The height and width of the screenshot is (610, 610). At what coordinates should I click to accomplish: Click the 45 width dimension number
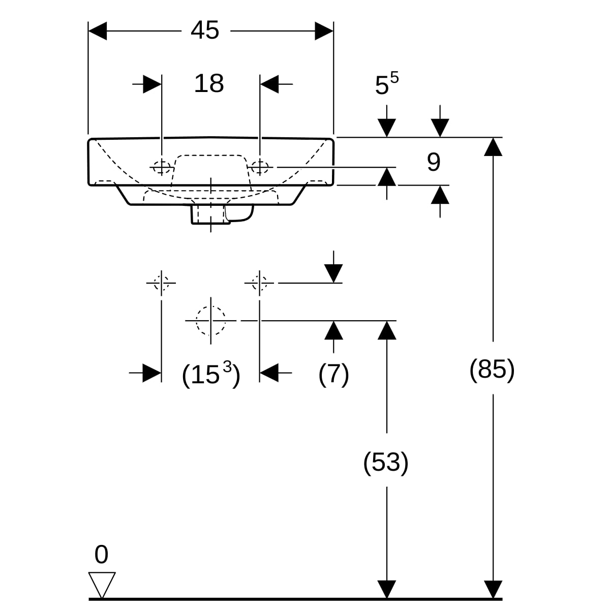coord(205,30)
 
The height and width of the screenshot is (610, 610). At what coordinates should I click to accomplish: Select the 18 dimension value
coord(209,83)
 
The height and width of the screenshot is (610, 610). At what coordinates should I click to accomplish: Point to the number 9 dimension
coord(434,162)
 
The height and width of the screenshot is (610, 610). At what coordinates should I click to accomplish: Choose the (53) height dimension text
coord(385,463)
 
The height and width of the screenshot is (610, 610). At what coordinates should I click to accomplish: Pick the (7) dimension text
coord(333,374)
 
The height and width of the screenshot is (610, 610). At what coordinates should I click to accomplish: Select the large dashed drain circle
coord(211,320)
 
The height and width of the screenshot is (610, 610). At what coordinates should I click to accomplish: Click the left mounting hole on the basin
coord(162,167)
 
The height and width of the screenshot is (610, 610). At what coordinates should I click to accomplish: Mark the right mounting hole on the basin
coord(260,167)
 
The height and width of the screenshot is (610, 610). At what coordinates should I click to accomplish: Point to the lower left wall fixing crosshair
coord(162,283)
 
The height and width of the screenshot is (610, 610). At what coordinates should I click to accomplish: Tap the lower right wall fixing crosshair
coord(260,283)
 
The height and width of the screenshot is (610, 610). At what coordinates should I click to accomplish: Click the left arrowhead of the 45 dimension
coord(98,31)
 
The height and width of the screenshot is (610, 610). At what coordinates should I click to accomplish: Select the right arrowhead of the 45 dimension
coord(324,31)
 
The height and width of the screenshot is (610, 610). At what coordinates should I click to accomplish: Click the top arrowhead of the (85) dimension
coord(493,147)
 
